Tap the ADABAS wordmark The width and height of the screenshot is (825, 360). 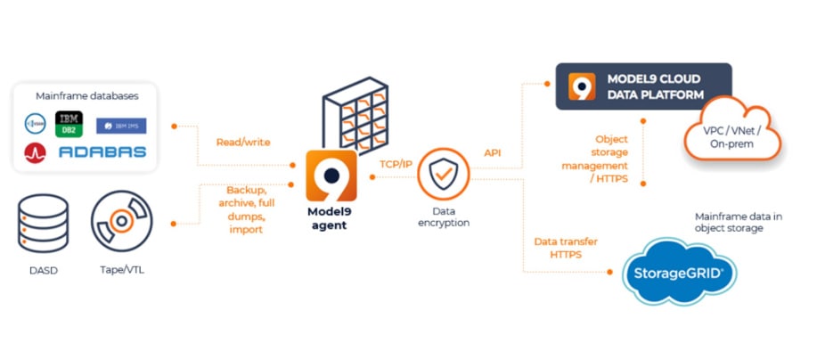(x=102, y=152)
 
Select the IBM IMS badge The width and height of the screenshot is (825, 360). (x=121, y=126)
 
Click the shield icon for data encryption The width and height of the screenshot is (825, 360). (x=443, y=176)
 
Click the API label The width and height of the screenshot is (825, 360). (x=493, y=152)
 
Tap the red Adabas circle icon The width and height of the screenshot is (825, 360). (x=37, y=152)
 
